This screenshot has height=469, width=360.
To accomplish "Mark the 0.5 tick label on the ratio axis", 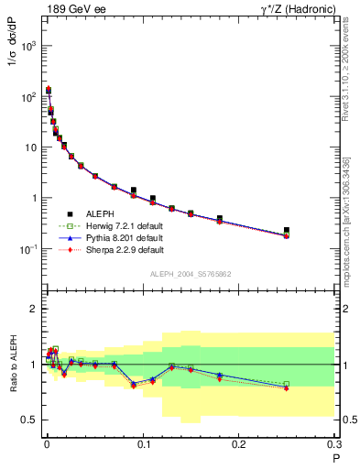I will [x=28, y=420].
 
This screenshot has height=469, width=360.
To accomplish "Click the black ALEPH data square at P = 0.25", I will [x=287, y=230].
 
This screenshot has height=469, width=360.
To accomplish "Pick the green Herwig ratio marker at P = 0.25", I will [x=287, y=384].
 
